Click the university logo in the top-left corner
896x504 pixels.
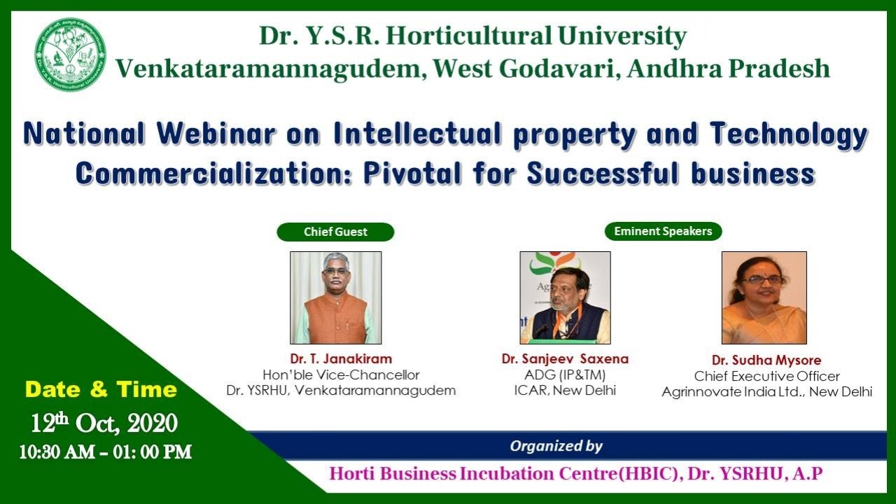(71, 55)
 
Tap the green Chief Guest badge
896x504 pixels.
(335, 232)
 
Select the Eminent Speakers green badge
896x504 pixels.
(663, 231)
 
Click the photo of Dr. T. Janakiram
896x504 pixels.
(336, 297)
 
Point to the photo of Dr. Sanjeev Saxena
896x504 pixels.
(565, 297)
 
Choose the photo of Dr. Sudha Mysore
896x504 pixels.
(764, 297)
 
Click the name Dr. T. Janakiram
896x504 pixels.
(341, 359)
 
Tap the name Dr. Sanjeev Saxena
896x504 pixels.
(565, 359)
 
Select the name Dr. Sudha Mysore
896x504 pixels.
(766, 360)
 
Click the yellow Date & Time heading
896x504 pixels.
(101, 390)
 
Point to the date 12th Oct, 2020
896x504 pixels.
(104, 423)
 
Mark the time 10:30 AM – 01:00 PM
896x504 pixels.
(106, 452)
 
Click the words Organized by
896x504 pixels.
(556, 446)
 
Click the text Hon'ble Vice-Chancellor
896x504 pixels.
(341, 375)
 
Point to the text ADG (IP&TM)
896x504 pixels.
(565, 374)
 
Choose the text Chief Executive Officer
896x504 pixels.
(766, 377)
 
